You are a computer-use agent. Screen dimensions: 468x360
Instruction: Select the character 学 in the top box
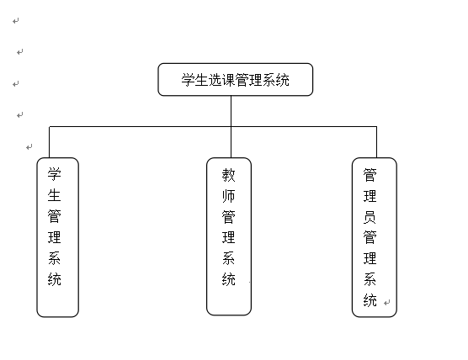(188, 80)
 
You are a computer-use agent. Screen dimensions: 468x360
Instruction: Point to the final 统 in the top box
(282, 80)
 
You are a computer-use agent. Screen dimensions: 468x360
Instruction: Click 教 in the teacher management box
(229, 175)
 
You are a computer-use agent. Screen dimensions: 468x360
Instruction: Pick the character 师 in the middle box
(229, 196)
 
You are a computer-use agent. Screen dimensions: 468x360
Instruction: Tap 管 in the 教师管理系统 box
(229, 217)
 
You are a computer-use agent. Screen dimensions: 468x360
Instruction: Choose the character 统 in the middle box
(229, 279)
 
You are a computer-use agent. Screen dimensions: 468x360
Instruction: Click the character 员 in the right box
(370, 217)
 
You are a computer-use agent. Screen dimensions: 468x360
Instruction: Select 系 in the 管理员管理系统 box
(370, 279)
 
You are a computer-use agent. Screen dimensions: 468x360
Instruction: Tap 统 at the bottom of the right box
(370, 300)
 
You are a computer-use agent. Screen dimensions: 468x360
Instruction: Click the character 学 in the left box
(55, 174)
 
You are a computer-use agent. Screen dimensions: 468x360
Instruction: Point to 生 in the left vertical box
(55, 195)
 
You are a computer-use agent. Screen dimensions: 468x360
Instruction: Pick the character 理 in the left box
(55, 237)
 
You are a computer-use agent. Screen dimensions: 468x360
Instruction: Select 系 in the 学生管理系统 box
(55, 258)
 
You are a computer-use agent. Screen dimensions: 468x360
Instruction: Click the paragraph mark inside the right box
(387, 303)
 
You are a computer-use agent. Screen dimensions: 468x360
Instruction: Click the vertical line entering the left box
(50, 142)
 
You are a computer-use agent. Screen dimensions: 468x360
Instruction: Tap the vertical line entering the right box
(376, 142)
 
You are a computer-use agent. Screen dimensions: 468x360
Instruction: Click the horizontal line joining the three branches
(213, 126)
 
